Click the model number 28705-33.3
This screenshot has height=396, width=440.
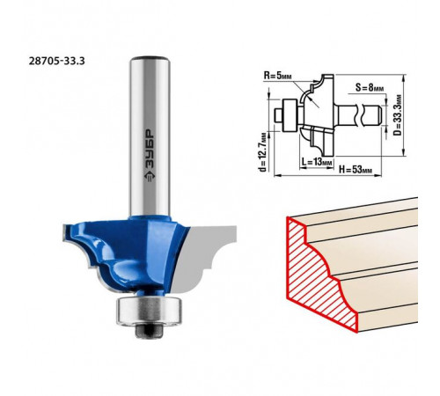(x=56, y=61)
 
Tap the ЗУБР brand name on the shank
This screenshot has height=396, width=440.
(x=150, y=150)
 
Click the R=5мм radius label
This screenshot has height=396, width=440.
(x=277, y=76)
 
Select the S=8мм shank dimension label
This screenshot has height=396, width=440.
(x=370, y=87)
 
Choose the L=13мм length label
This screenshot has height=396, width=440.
(x=317, y=162)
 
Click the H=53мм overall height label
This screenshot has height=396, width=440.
(x=356, y=170)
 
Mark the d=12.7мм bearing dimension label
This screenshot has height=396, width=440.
(x=263, y=152)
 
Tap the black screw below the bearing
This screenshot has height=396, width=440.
(x=149, y=331)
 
